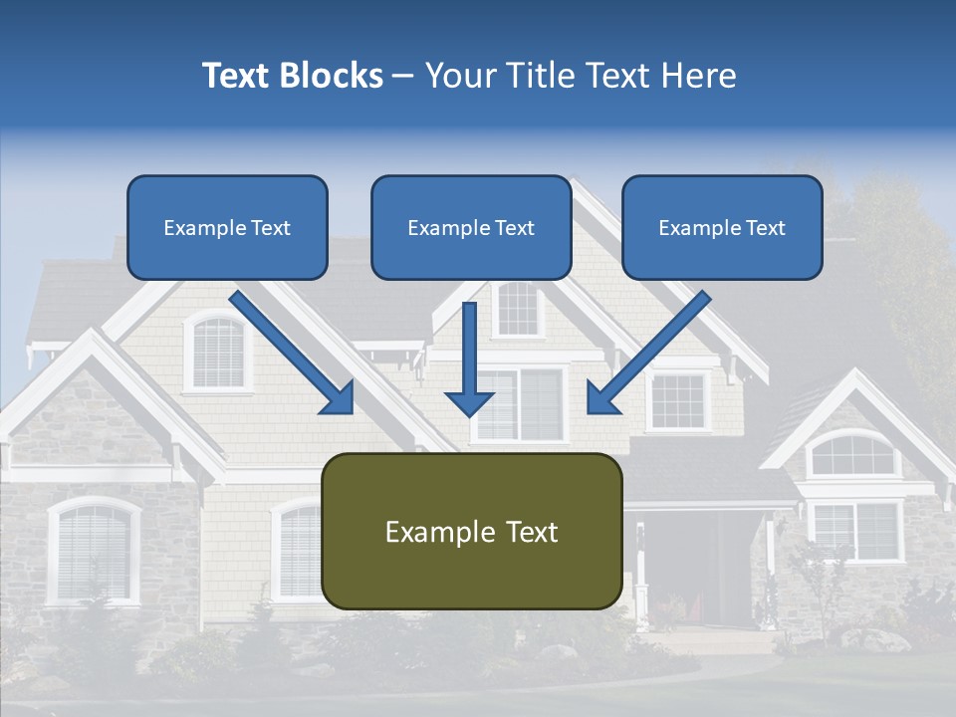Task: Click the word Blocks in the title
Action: tap(334, 76)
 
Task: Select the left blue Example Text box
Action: tap(227, 227)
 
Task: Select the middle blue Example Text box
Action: tap(471, 227)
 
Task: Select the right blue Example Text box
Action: tap(722, 227)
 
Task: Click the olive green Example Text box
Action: tap(472, 531)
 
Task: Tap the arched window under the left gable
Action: tap(218, 352)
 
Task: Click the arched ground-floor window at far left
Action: tap(94, 551)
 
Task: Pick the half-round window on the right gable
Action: tap(851, 455)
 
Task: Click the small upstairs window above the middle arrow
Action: tap(518, 308)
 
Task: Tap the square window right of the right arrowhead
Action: tap(678, 400)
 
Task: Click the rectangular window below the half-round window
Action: tap(856, 529)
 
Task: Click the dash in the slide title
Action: tap(403, 76)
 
